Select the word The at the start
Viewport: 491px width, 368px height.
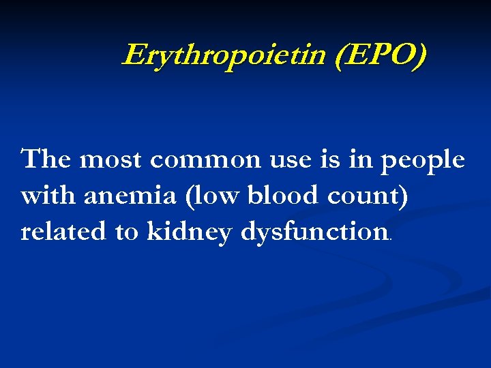coord(46,160)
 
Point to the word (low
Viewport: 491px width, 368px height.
coord(215,196)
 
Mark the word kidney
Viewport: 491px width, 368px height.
coord(189,232)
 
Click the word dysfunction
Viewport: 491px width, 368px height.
coord(314,232)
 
